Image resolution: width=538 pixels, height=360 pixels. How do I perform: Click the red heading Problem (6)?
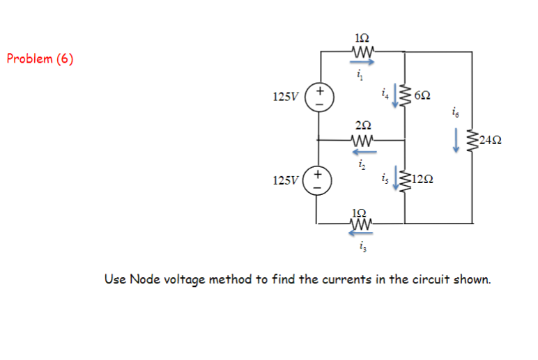(40, 58)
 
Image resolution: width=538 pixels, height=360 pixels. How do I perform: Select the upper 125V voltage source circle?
(320, 95)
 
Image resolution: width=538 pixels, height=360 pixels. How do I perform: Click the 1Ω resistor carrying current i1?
(363, 51)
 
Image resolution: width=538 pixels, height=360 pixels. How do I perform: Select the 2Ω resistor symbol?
(363, 139)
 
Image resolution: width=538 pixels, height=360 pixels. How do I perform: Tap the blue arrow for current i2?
(363, 150)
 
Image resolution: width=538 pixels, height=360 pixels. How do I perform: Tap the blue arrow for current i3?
(361, 234)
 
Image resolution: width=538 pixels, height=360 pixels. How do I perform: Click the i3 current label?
(362, 246)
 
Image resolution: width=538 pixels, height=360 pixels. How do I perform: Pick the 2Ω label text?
(362, 125)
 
